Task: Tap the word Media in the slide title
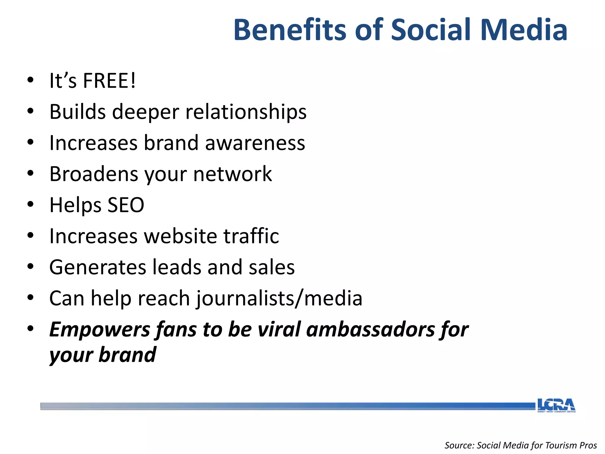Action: pyautogui.click(x=523, y=30)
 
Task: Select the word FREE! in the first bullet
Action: pyautogui.click(x=109, y=80)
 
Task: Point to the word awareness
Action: pyautogui.click(x=255, y=143)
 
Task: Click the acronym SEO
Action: pyautogui.click(x=126, y=205)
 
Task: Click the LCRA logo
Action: pyautogui.click(x=556, y=405)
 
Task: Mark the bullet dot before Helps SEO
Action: pyautogui.click(x=30, y=205)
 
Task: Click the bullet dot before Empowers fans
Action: pyautogui.click(x=30, y=329)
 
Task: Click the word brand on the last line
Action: pyautogui.click(x=127, y=355)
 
